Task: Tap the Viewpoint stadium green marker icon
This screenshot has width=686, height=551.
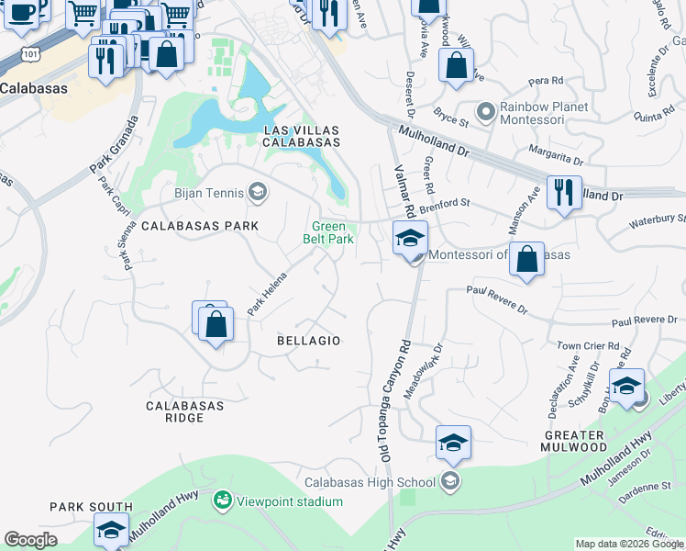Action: pyautogui.click(x=221, y=500)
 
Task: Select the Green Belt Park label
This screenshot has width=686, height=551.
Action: pyautogui.click(x=329, y=232)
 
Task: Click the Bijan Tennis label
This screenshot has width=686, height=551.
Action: pyautogui.click(x=209, y=193)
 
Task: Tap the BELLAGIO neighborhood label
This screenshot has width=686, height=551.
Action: pyautogui.click(x=309, y=341)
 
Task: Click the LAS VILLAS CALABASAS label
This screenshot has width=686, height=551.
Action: pyautogui.click(x=302, y=136)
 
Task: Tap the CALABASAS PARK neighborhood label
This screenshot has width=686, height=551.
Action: pyautogui.click(x=199, y=225)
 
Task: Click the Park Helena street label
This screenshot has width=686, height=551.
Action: pyautogui.click(x=267, y=293)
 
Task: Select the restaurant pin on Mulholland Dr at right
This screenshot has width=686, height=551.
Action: pyautogui.click(x=562, y=193)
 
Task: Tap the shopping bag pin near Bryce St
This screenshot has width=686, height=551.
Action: pyautogui.click(x=455, y=66)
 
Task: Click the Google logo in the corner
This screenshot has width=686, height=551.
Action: pyautogui.click(x=30, y=541)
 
